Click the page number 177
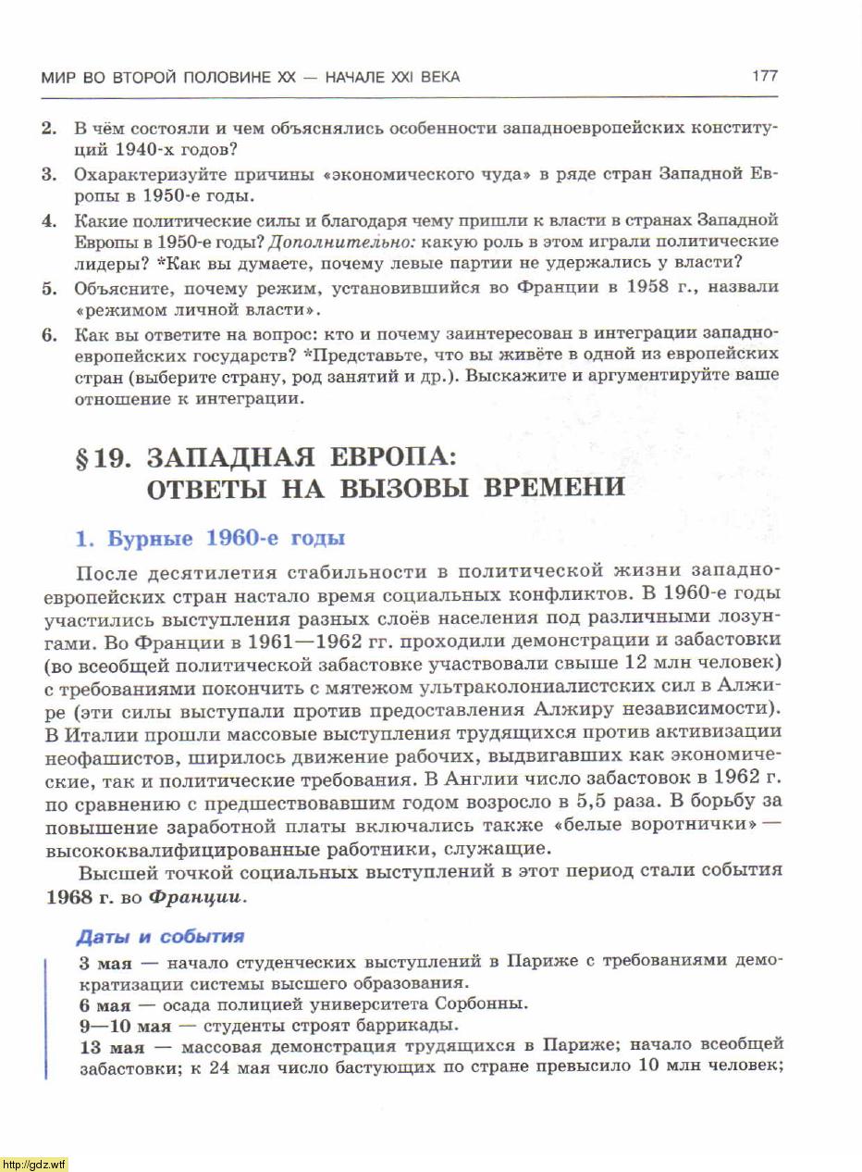(x=764, y=77)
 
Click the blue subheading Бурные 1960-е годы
(x=210, y=538)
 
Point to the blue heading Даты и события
(x=161, y=936)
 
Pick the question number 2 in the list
(x=49, y=128)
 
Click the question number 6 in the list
(x=49, y=333)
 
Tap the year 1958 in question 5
(x=648, y=287)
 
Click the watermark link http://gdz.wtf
(x=34, y=1164)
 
